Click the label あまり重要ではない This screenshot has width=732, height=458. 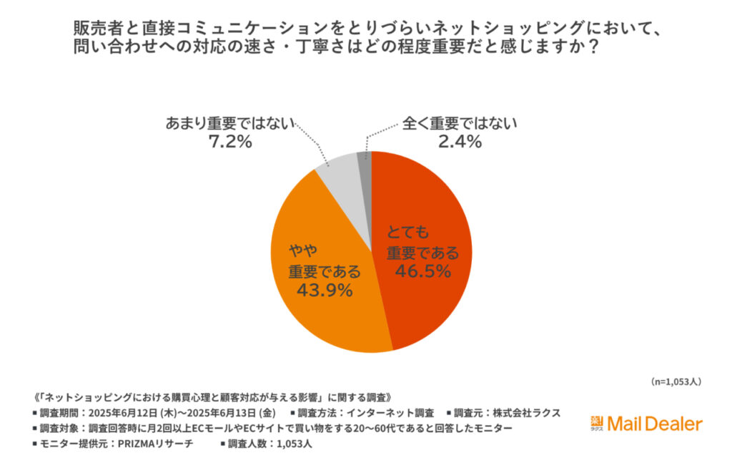(230, 122)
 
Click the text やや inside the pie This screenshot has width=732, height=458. (303, 251)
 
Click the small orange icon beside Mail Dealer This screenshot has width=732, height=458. (597, 424)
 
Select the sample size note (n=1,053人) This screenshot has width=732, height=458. (676, 381)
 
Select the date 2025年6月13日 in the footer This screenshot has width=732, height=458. (217, 412)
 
